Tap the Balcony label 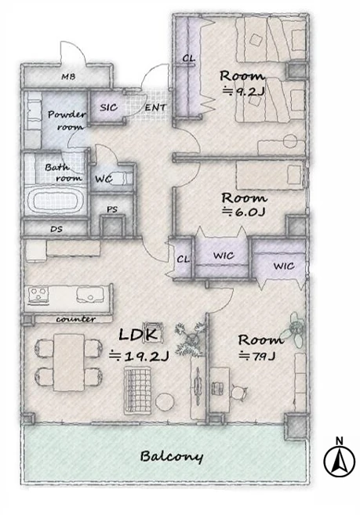(x=172, y=456)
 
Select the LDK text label (x=140, y=335)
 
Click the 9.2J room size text (x=243, y=91)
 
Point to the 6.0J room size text (x=244, y=212)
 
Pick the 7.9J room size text (x=256, y=355)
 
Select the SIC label (x=108, y=107)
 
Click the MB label (x=68, y=77)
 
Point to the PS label (x=112, y=209)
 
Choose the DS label (x=56, y=229)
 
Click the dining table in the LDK (x=69, y=362)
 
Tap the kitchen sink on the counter (x=90, y=294)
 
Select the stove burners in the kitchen (x=38, y=294)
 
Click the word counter (x=75, y=319)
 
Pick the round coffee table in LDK (x=165, y=401)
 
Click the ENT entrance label (x=155, y=107)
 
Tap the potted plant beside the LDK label (x=190, y=339)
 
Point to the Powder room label (x=67, y=120)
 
